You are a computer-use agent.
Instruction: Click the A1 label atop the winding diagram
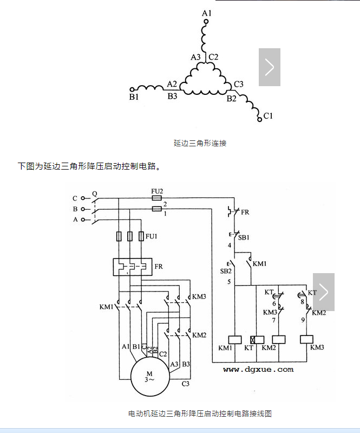[x=206, y=12]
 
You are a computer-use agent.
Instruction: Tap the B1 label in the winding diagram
[x=134, y=97]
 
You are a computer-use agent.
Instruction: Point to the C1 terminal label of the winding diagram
[x=268, y=116]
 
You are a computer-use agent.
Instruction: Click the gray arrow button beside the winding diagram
[x=269, y=67]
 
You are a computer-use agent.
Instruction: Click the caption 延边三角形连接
[x=200, y=143]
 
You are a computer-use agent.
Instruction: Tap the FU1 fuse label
[x=152, y=236]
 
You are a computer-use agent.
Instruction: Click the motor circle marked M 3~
[x=149, y=377]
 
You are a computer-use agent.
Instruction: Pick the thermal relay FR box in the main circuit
[x=133, y=267]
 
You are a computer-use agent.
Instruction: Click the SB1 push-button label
[x=244, y=237]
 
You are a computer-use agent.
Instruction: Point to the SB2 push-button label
[x=225, y=270]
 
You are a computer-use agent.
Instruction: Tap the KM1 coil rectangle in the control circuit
[x=235, y=339]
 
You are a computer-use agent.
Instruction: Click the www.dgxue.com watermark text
[x=258, y=369]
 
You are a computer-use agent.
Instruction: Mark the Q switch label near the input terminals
[x=95, y=193]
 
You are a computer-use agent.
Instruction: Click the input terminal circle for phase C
[x=83, y=198]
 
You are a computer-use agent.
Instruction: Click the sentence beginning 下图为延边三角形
[x=89, y=166]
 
